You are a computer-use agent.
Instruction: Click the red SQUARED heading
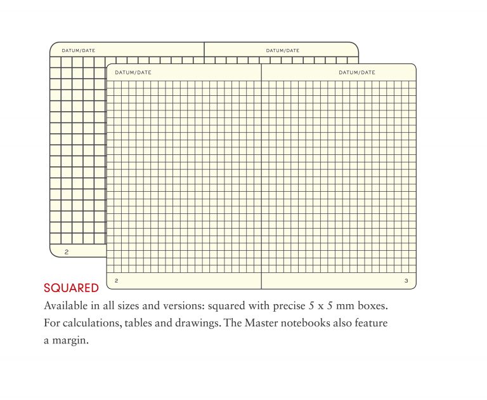click(x=71, y=288)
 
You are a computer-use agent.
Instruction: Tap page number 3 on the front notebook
click(x=406, y=280)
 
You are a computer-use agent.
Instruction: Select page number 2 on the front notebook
click(x=116, y=280)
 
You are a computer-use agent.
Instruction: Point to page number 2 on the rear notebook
click(x=67, y=251)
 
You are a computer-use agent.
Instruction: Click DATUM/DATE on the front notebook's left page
click(x=133, y=72)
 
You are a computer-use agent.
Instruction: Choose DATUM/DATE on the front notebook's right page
click(x=357, y=72)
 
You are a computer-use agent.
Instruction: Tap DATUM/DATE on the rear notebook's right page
click(x=283, y=50)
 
